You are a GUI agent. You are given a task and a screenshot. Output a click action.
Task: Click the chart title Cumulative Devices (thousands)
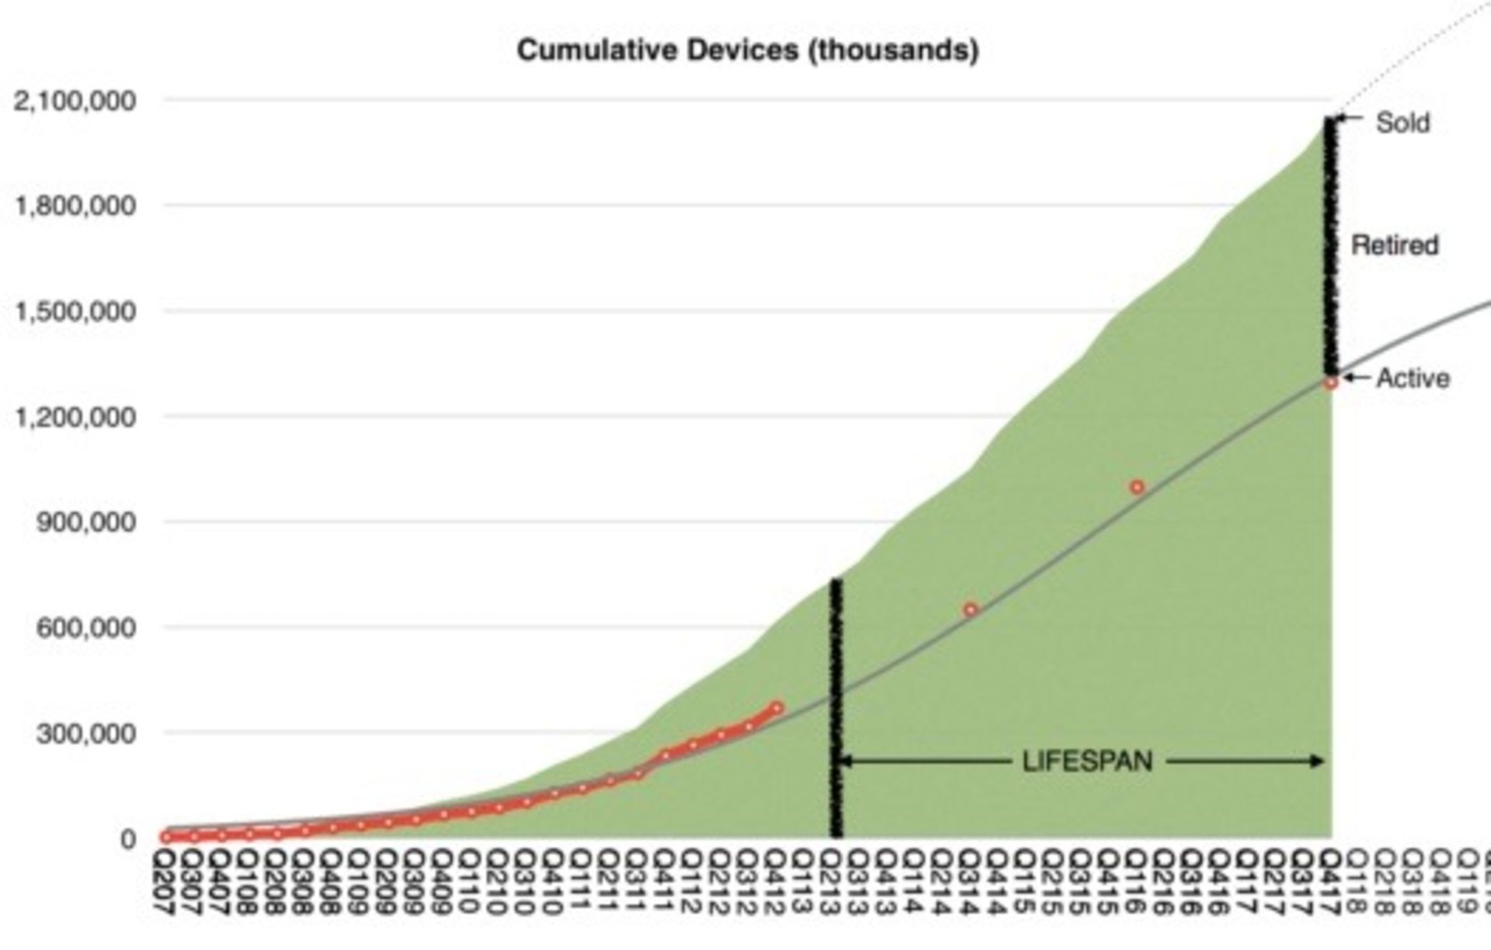747,50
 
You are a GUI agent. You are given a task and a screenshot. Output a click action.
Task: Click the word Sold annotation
1402,123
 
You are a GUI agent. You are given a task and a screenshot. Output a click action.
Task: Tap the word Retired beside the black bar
1395,245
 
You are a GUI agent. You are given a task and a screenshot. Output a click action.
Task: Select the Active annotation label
1413,379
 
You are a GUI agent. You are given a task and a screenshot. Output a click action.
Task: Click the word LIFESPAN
1087,761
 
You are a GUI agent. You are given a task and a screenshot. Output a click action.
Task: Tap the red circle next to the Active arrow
1331,383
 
